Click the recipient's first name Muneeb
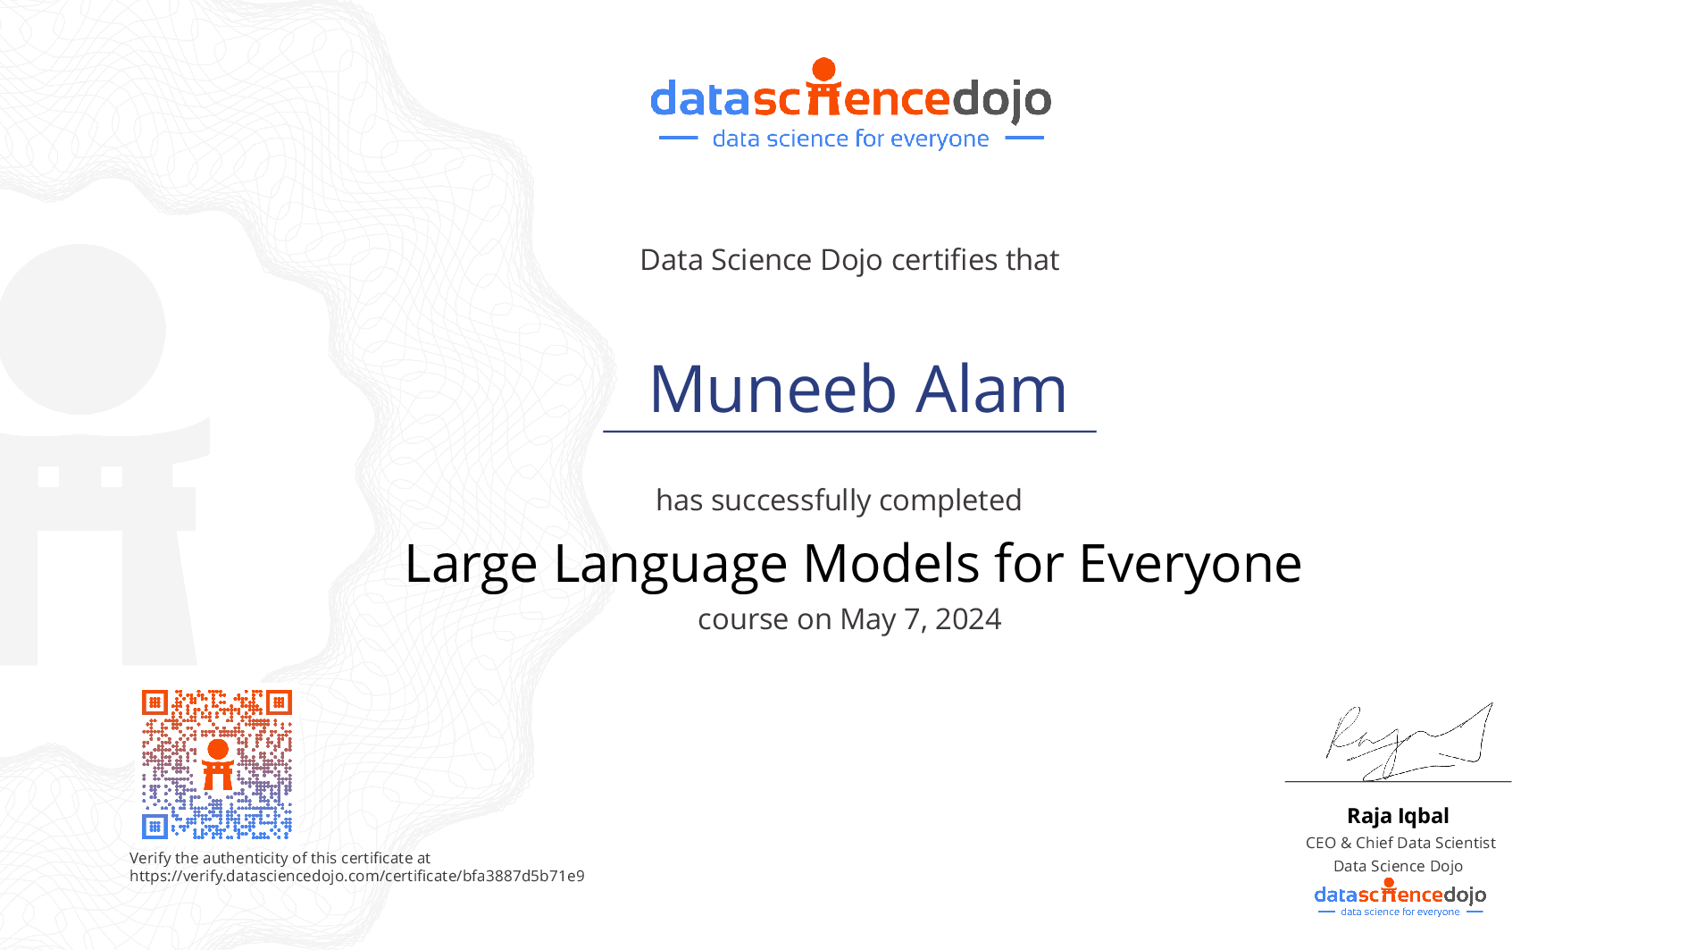click(x=773, y=390)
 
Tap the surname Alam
click(x=992, y=390)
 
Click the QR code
click(x=217, y=764)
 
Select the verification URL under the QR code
click(x=357, y=876)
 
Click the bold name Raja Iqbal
click(x=1398, y=816)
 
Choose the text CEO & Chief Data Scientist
click(x=1400, y=843)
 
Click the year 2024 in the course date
click(x=968, y=619)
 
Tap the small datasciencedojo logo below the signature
click(x=1400, y=897)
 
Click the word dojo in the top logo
click(x=1002, y=100)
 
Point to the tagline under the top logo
click(x=851, y=139)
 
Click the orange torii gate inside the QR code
click(x=218, y=765)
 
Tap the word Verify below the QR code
click(x=150, y=859)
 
